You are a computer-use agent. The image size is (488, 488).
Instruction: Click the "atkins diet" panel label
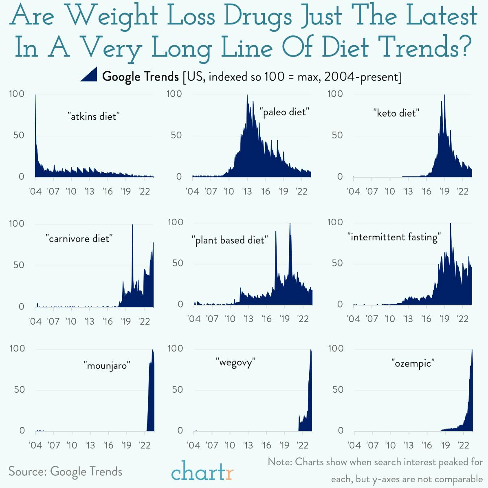click(x=93, y=117)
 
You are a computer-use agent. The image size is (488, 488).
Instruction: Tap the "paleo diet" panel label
click(x=284, y=112)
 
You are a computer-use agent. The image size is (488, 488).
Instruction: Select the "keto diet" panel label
click(x=396, y=113)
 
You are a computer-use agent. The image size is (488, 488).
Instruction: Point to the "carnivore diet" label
click(x=79, y=239)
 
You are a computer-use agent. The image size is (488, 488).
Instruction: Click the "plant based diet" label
click(x=230, y=240)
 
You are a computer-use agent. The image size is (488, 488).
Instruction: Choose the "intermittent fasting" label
click(x=394, y=237)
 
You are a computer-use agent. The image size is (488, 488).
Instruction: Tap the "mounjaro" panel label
click(x=107, y=365)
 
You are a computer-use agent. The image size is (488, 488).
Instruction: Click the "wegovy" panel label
click(x=235, y=362)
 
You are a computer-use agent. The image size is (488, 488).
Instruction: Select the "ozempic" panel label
click(x=413, y=363)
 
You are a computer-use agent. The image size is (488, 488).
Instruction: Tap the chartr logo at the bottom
click(x=202, y=471)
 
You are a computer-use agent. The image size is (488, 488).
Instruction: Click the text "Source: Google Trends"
click(x=66, y=472)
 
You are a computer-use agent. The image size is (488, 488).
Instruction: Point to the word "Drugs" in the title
click(x=258, y=16)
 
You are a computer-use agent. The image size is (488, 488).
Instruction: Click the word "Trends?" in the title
click(x=425, y=48)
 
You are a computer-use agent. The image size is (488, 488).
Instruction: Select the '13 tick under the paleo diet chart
click(x=247, y=191)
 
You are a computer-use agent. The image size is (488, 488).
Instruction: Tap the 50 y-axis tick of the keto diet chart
click(x=337, y=135)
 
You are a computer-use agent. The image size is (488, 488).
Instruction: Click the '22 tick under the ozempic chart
click(x=463, y=445)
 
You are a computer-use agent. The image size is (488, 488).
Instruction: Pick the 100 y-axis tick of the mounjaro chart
click(x=18, y=349)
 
